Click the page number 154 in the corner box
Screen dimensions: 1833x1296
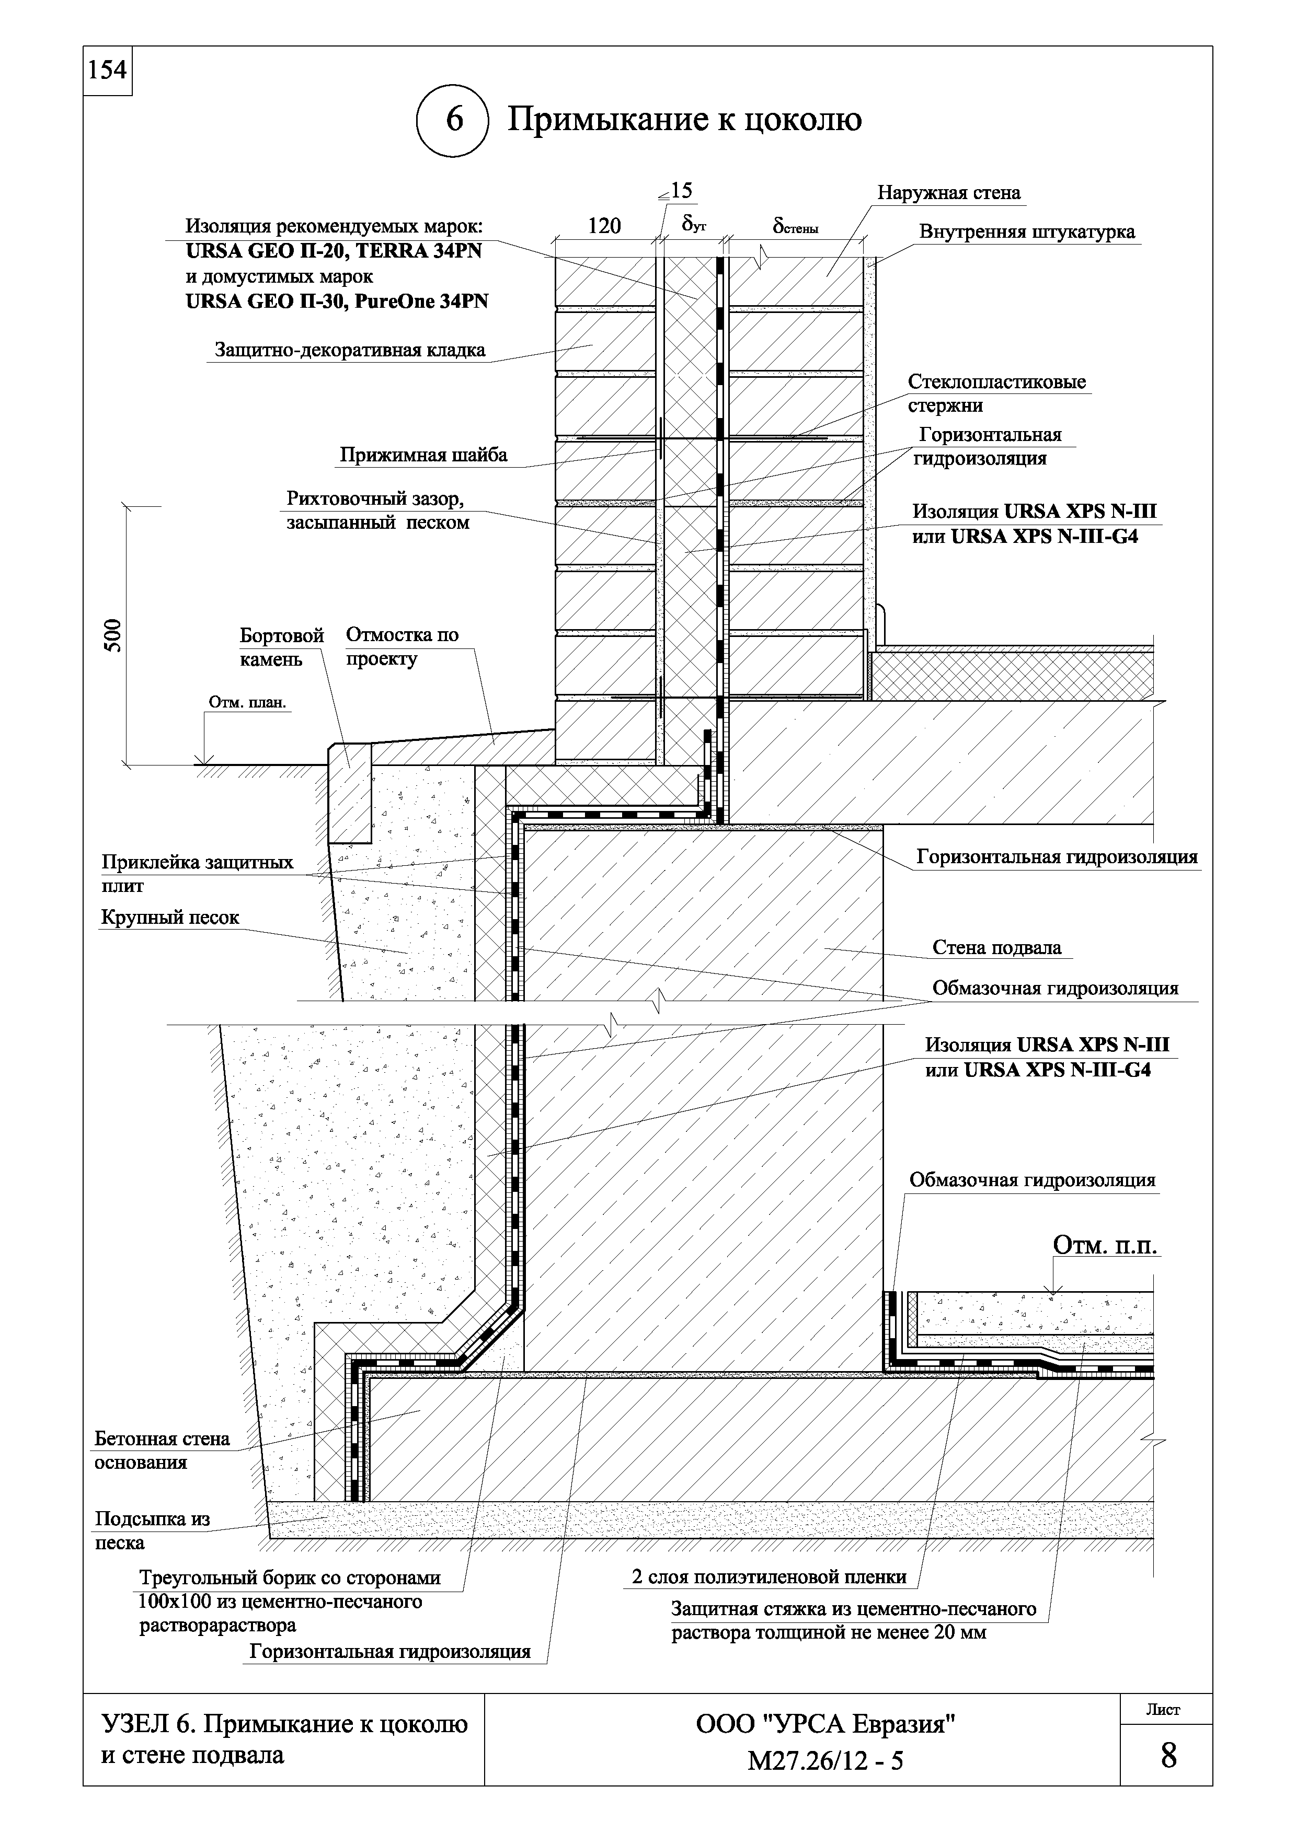[x=107, y=70]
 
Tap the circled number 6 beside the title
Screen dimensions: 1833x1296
[x=454, y=120]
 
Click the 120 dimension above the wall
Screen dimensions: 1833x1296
[x=604, y=226]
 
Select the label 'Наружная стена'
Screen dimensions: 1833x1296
[x=949, y=192]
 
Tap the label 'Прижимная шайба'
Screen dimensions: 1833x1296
[x=423, y=455]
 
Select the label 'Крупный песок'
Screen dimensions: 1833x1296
[x=170, y=918]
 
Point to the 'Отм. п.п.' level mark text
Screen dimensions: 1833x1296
[x=1105, y=1245]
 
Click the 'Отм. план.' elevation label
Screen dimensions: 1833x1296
[x=247, y=703]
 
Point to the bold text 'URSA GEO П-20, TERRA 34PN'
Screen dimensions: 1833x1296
[x=334, y=251]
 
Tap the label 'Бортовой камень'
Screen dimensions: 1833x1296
[x=282, y=647]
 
